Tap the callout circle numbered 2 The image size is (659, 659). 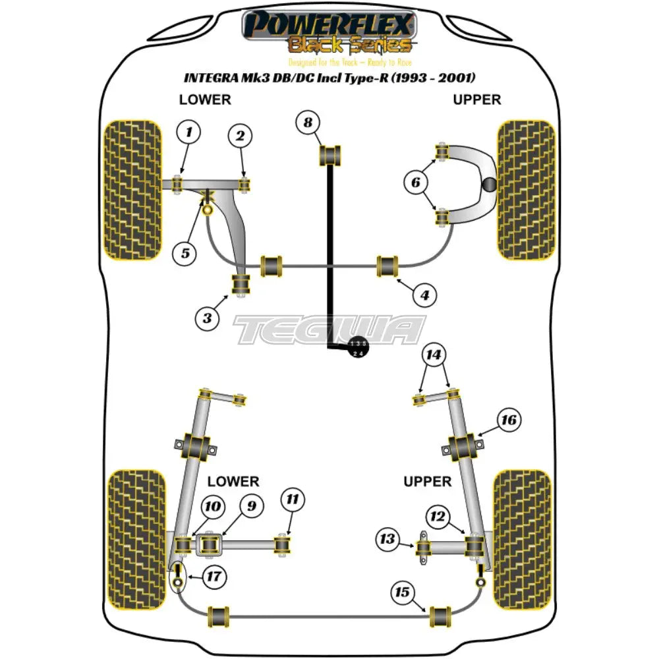(240, 136)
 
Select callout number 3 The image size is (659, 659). (207, 318)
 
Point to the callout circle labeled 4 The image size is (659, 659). (425, 296)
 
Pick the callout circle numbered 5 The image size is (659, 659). (185, 252)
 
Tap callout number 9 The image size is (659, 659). (251, 506)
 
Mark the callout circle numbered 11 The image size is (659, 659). (294, 501)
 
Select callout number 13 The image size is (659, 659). (388, 540)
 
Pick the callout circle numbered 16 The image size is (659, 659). (509, 420)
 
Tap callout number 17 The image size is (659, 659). (213, 577)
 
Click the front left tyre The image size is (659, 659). (133, 189)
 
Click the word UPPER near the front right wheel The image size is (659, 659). (476, 100)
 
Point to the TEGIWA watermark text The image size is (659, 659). (329, 329)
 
